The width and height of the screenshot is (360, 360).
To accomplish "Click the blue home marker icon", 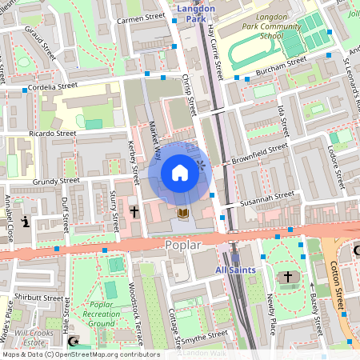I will point(180,173).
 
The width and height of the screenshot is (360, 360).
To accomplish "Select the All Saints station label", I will point(236,270).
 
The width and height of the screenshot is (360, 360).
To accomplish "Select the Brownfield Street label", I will point(259,154).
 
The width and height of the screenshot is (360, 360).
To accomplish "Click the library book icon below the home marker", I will point(182,213).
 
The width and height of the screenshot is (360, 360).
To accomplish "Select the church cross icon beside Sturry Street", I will point(134,212).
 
